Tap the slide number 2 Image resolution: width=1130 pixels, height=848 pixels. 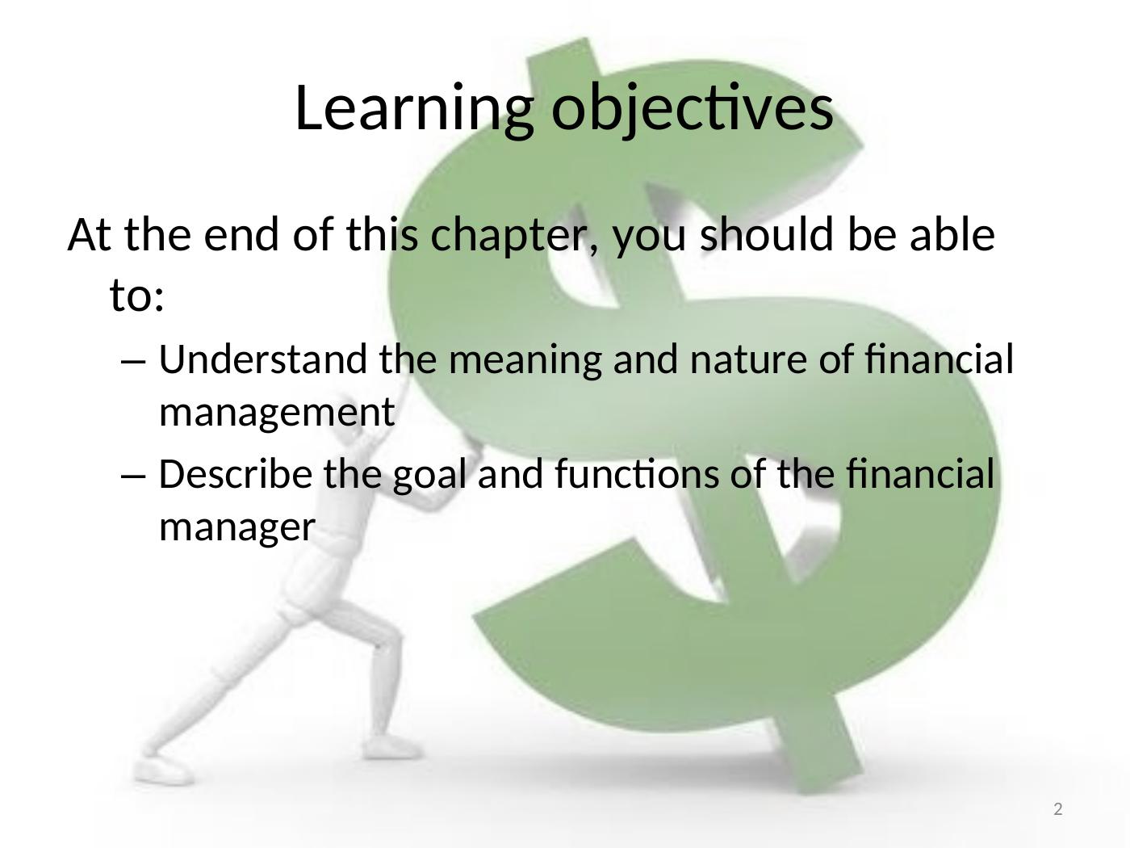click(1058, 809)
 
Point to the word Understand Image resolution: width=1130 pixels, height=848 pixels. click(263, 359)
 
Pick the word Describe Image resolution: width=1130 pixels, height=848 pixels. click(235, 474)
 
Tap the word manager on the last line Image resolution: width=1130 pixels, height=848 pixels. click(236, 529)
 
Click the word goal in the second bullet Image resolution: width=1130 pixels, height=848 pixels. click(429, 476)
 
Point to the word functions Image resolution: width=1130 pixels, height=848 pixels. click(637, 474)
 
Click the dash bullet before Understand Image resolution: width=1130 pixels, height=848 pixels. click(133, 362)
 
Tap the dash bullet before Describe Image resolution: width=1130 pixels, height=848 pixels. click(133, 476)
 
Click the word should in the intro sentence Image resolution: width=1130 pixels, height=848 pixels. click(767, 234)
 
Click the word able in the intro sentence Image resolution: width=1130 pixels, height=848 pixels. click(952, 234)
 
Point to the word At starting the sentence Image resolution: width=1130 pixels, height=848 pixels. click(90, 235)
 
